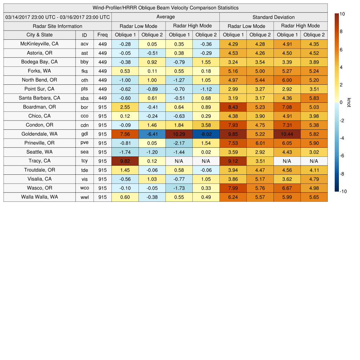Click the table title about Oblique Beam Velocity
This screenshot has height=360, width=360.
click(166, 8)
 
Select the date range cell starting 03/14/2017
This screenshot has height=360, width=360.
click(58, 17)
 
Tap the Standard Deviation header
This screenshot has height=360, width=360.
click(274, 17)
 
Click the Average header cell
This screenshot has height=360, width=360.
click(165, 17)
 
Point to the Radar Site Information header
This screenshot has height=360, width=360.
click(58, 26)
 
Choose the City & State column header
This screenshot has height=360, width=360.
click(39, 35)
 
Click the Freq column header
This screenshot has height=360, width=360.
click(102, 35)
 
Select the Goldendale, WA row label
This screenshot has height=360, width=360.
click(39, 134)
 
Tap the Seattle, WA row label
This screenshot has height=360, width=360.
click(39, 152)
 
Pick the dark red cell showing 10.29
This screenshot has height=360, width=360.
click(179, 134)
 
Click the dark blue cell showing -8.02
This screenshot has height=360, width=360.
click(206, 134)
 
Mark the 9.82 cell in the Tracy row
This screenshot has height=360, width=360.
click(125, 161)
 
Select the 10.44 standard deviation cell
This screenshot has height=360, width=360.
click(287, 134)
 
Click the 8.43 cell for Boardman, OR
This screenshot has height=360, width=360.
click(233, 107)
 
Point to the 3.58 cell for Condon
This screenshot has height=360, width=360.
click(206, 125)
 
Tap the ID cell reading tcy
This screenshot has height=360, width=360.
click(84, 161)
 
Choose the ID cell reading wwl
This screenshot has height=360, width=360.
click(84, 197)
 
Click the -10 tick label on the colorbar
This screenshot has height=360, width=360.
click(343, 192)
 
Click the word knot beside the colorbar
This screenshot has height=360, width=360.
click(349, 102)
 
